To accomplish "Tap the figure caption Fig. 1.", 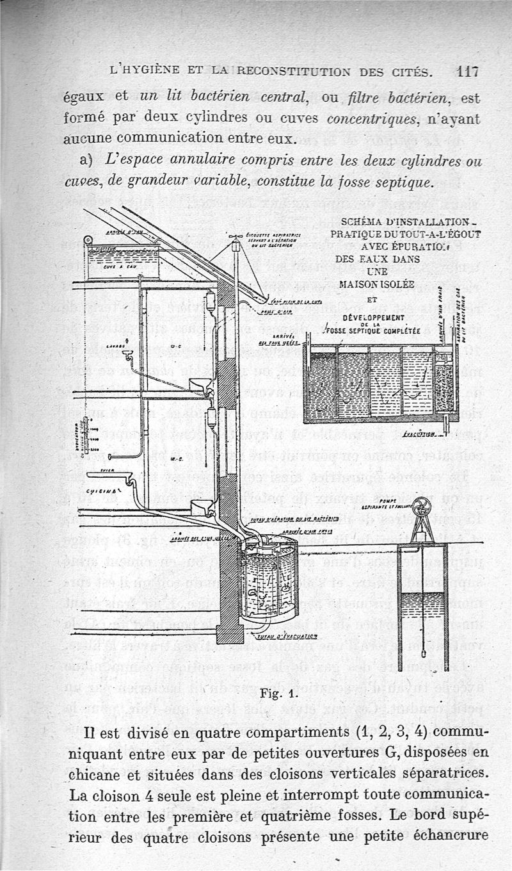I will pyautogui.click(x=276, y=693).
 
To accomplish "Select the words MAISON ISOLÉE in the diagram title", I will pyautogui.click(x=376, y=284).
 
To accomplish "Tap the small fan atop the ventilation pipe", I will pyautogui.click(x=236, y=236).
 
